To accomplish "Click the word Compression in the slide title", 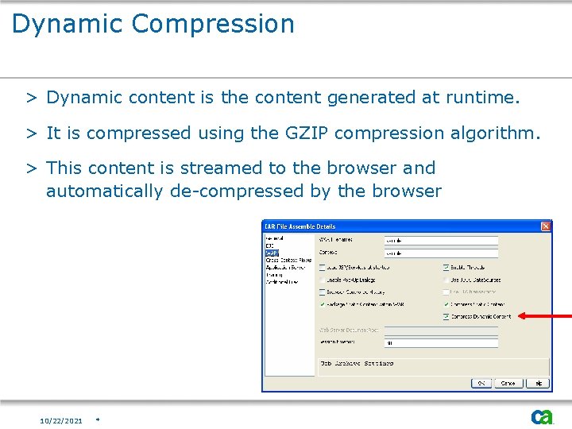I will pos(214,24).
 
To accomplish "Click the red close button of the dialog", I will pos(546,226).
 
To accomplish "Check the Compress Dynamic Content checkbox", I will pos(446,316).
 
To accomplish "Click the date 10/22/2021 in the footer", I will pos(61,420).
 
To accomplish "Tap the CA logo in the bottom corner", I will pos(542,416).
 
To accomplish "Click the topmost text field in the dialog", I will pos(441,240).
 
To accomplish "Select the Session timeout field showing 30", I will pos(441,343).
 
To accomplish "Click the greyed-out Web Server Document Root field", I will pos(441,330).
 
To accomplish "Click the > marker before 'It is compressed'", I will pos(32,133).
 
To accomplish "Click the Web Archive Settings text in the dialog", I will pos(357,363).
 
